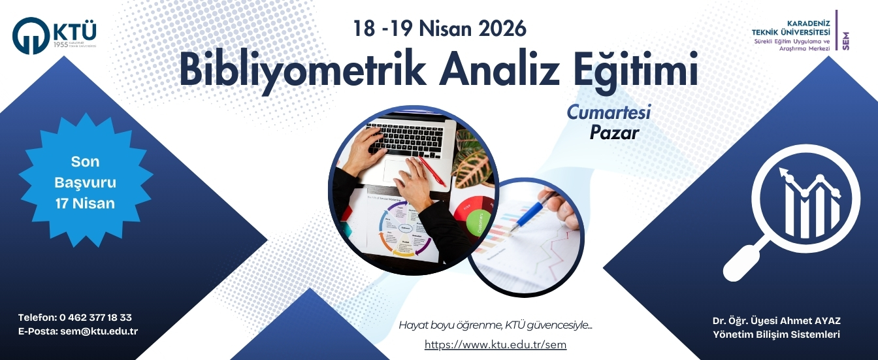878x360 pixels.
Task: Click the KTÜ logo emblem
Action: click(x=31, y=36)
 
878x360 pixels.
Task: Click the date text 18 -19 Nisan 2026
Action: click(x=439, y=28)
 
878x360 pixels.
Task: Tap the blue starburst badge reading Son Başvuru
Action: click(x=85, y=182)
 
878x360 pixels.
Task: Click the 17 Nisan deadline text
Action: click(x=85, y=203)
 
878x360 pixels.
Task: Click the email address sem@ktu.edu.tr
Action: click(x=99, y=331)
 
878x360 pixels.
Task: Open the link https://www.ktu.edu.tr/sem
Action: click(x=495, y=344)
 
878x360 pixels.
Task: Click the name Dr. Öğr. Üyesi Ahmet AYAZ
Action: click(x=776, y=321)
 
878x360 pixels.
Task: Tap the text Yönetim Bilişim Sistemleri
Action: click(x=776, y=335)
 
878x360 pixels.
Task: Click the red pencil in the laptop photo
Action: click(x=432, y=172)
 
